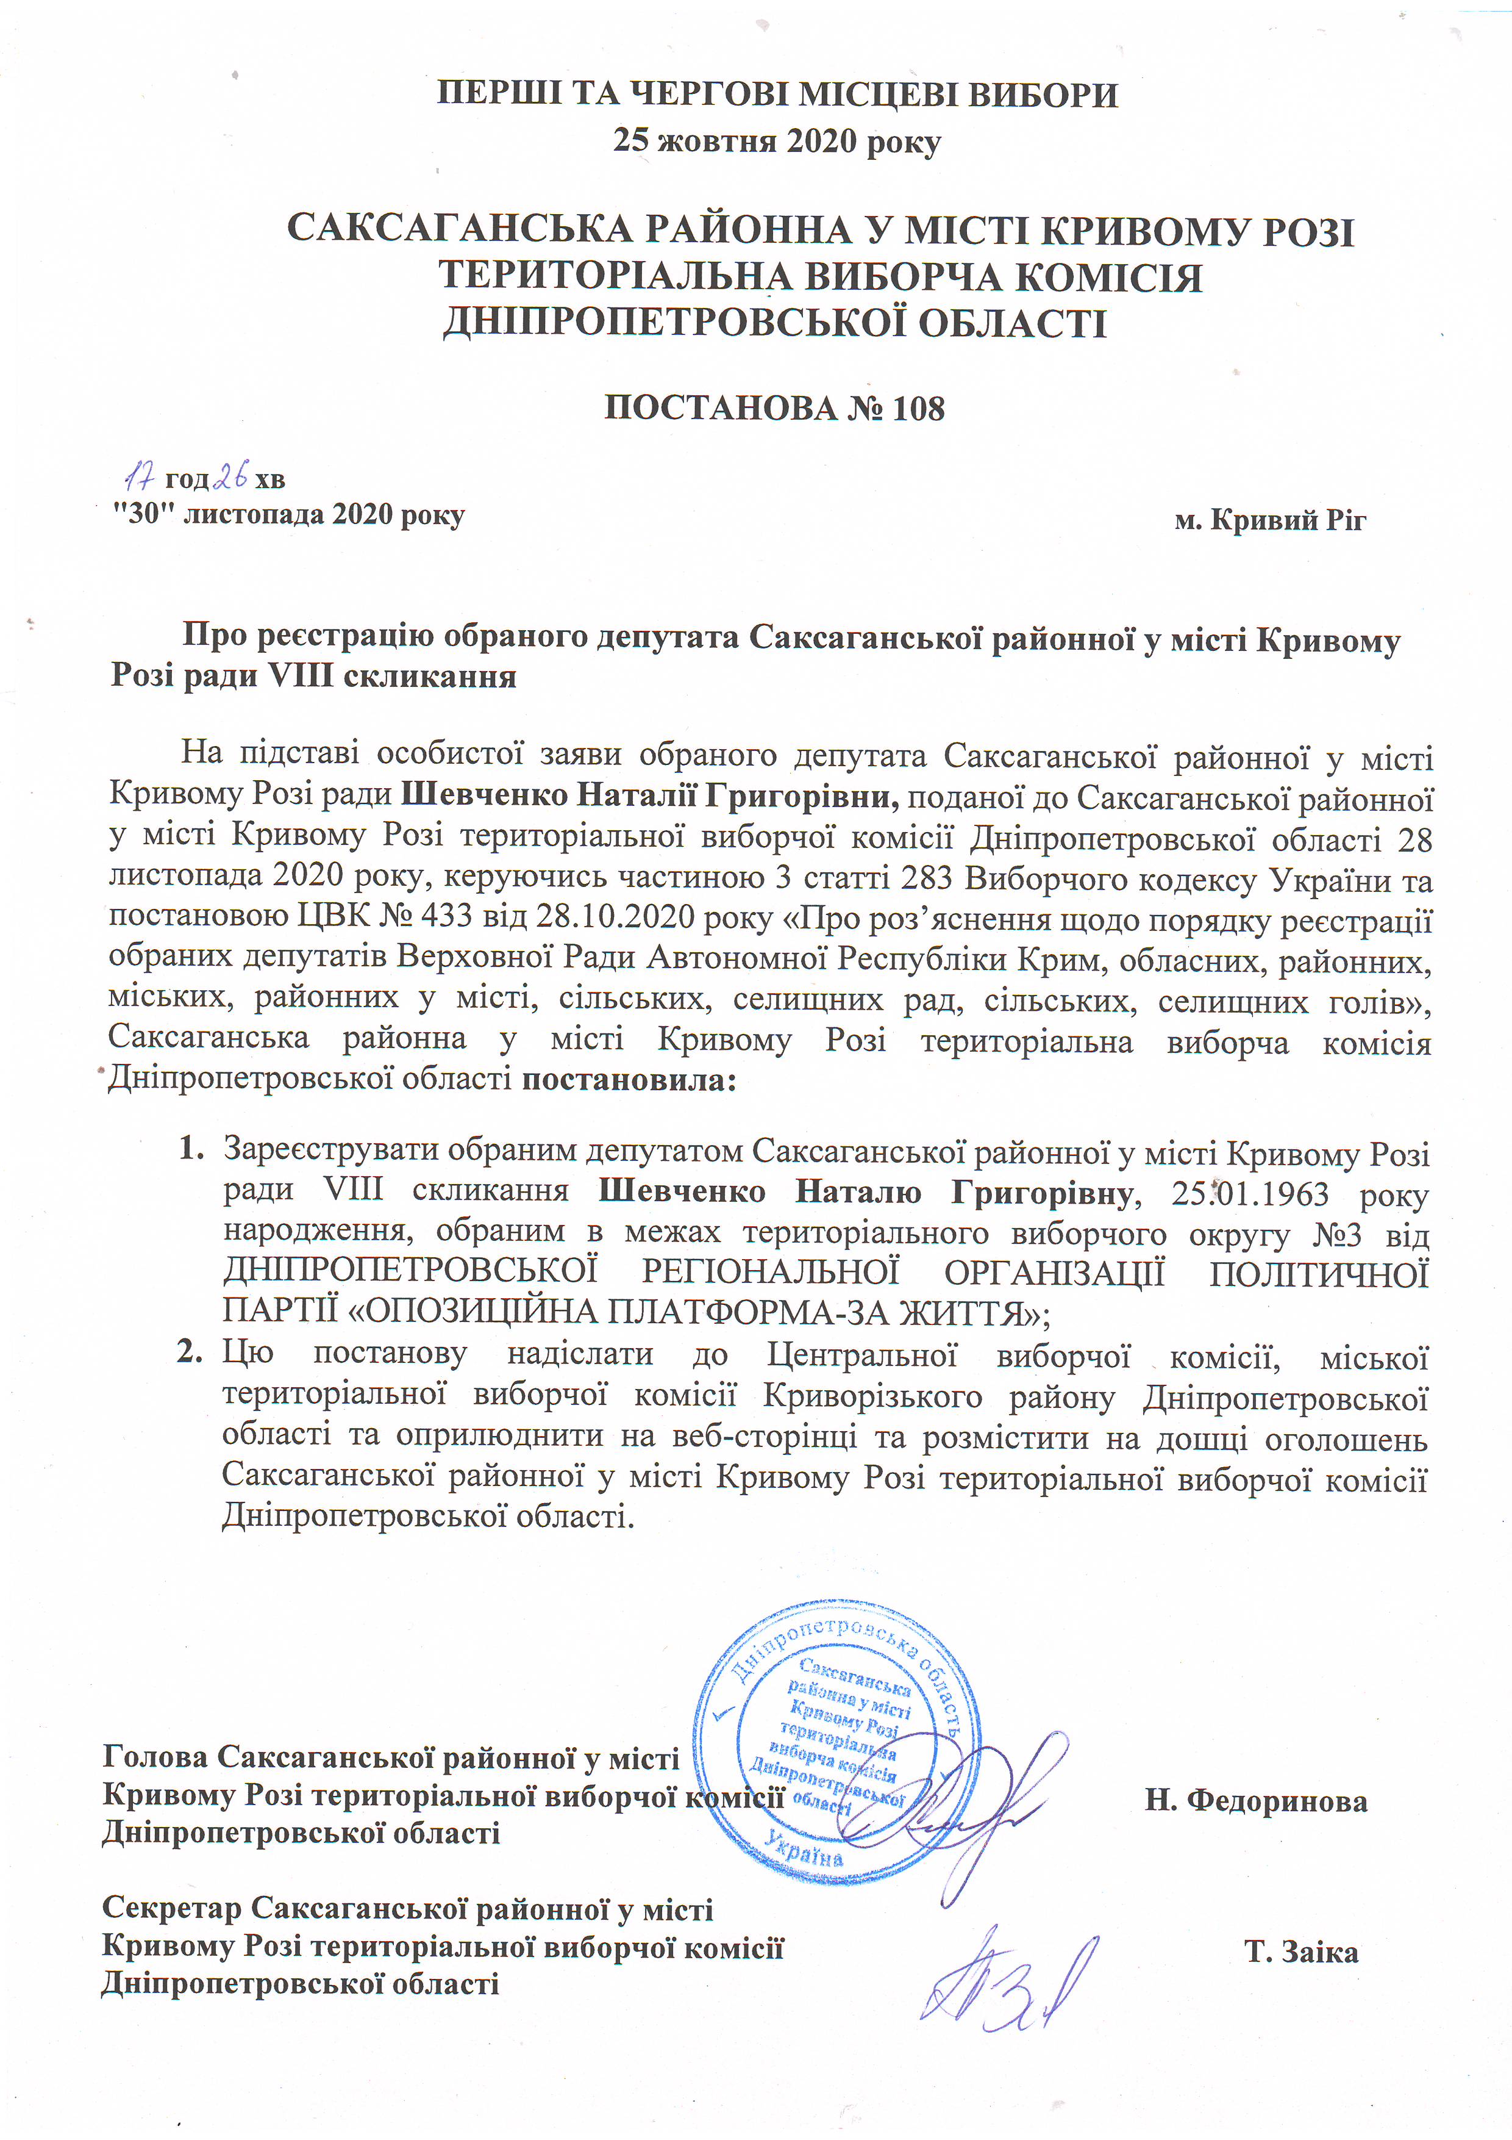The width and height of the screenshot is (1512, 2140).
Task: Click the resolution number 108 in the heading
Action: point(918,408)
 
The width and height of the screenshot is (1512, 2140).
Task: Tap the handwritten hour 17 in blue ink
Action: point(140,479)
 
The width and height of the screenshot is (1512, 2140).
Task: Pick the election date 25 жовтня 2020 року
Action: point(777,142)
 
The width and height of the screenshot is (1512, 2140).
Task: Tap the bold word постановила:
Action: point(629,1080)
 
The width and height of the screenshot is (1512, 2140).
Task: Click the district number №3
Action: point(1337,1235)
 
